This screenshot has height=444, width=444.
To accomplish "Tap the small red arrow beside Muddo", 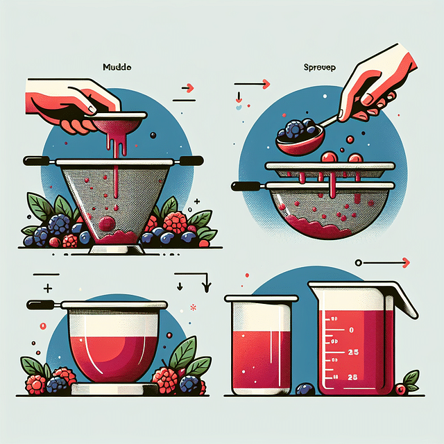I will click(x=187, y=88).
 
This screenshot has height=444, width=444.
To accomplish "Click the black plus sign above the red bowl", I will click(x=48, y=287).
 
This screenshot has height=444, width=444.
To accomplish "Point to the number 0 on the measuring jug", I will click(x=351, y=330).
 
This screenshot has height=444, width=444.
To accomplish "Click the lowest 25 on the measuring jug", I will click(x=352, y=377).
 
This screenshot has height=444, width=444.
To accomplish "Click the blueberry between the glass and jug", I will click(x=302, y=388).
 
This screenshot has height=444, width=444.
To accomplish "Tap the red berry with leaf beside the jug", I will click(x=402, y=388).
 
